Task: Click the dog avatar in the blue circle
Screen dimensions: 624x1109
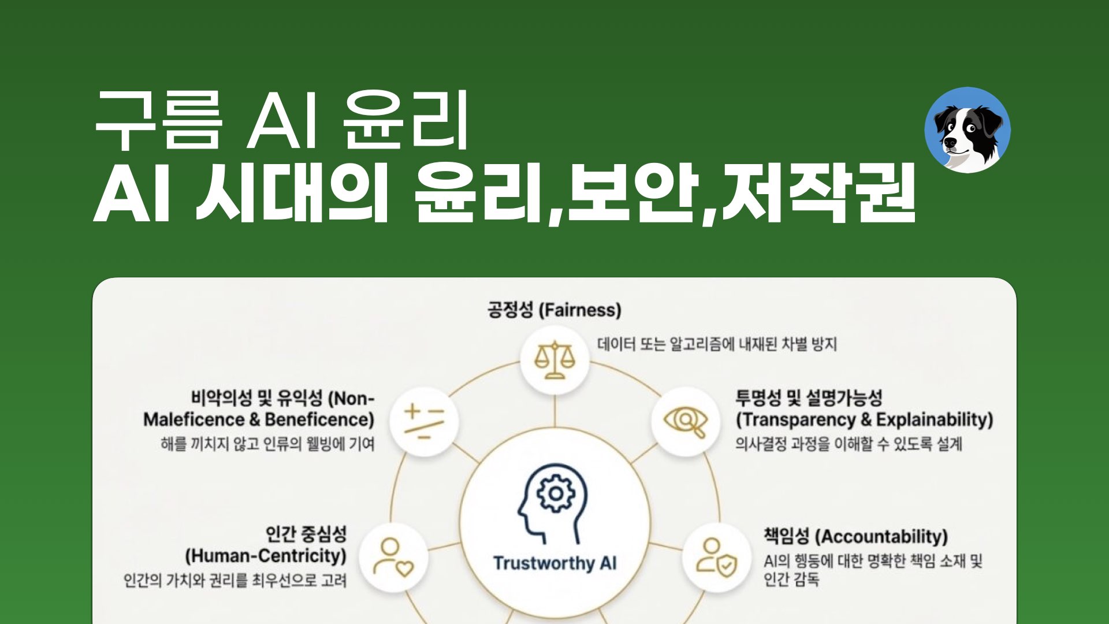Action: pyautogui.click(x=967, y=130)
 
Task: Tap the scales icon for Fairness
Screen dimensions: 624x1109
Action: pyautogui.click(x=554, y=360)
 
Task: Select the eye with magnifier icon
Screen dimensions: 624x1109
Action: pyautogui.click(x=686, y=421)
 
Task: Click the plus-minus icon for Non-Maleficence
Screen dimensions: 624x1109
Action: pyautogui.click(x=424, y=421)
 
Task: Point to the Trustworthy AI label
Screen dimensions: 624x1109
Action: pyautogui.click(x=554, y=563)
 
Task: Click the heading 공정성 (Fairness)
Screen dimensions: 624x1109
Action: pyautogui.click(x=554, y=310)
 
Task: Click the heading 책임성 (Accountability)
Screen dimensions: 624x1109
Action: pyautogui.click(x=855, y=536)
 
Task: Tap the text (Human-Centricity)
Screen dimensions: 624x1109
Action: pyautogui.click(x=266, y=556)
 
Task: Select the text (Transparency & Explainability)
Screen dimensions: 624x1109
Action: pyautogui.click(x=864, y=419)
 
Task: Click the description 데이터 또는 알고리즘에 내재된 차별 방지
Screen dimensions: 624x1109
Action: pyautogui.click(x=717, y=345)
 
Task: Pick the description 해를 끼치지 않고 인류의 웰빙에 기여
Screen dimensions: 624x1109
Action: pyautogui.click(x=267, y=444)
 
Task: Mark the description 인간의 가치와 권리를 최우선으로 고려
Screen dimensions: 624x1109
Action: pyautogui.click(x=235, y=580)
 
